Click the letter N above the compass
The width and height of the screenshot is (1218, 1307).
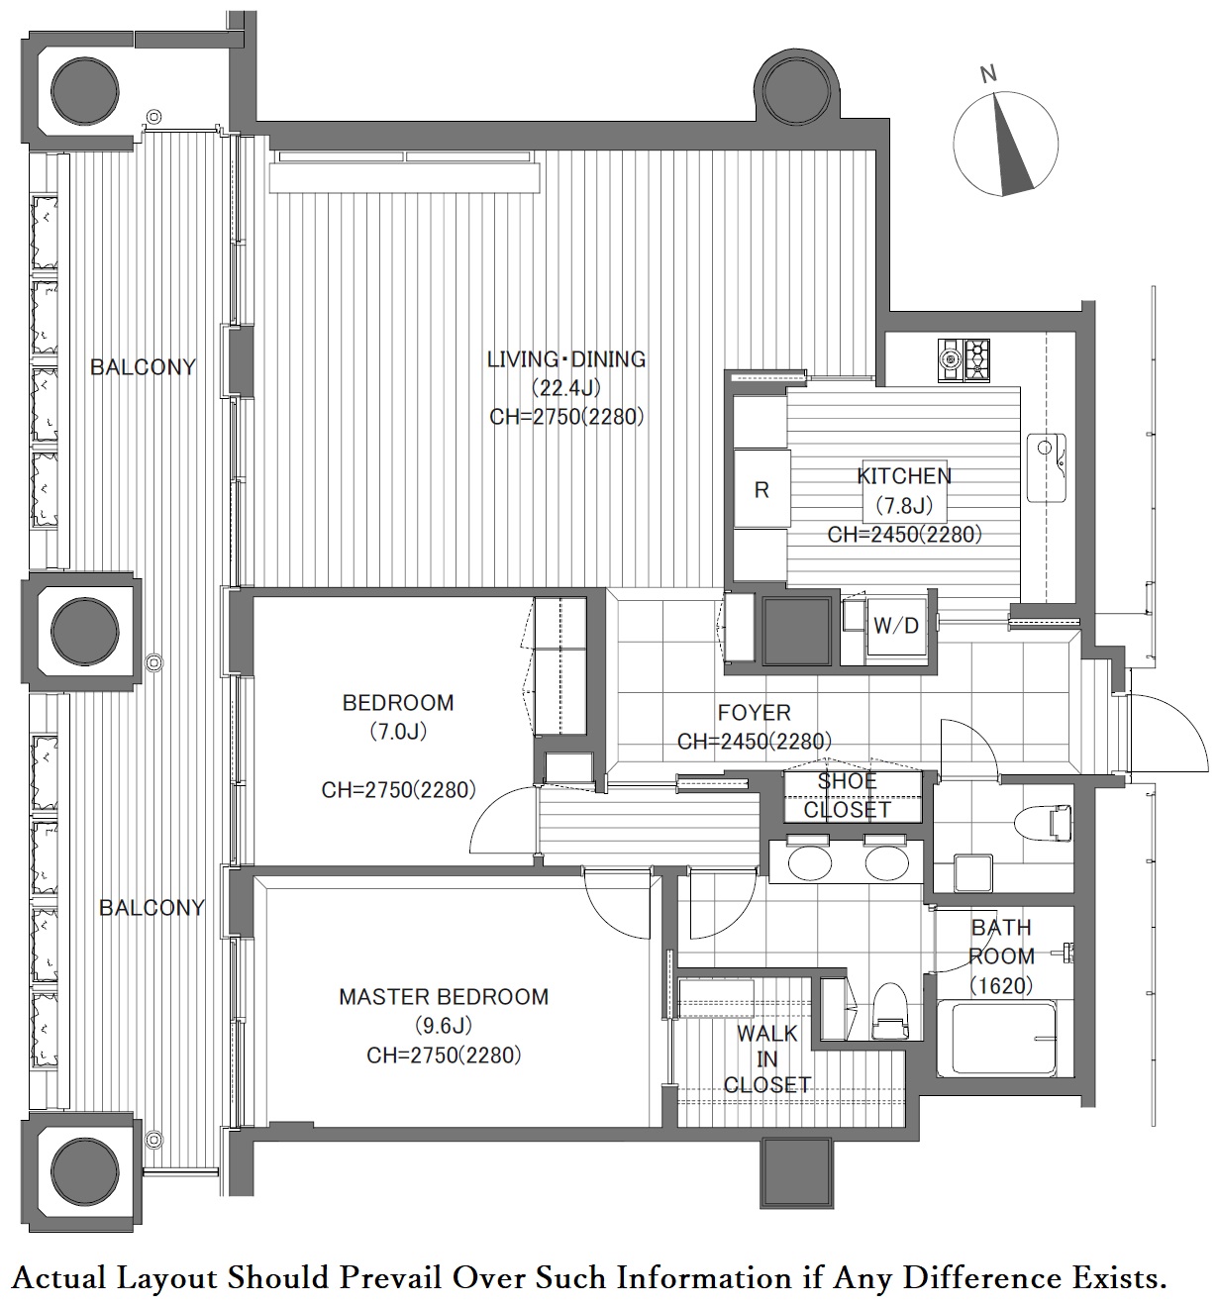[987, 75]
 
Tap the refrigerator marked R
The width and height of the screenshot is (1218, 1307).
[761, 488]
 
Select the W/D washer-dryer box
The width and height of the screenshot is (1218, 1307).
[895, 625]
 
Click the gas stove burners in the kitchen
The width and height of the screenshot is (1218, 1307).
[964, 360]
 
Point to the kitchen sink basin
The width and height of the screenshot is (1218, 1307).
[1046, 467]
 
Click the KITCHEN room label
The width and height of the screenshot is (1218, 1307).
[904, 475]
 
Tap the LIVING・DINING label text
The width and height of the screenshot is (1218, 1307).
[566, 359]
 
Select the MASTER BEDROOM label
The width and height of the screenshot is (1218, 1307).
[444, 996]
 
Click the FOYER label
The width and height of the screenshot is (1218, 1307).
[754, 712]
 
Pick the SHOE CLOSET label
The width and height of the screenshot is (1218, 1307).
[848, 795]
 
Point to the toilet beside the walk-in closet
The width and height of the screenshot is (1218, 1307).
[889, 1011]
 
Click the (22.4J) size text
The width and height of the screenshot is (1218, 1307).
[566, 387]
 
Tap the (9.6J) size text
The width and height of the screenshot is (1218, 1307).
[444, 1026]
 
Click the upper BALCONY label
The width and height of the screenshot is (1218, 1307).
[143, 366]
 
